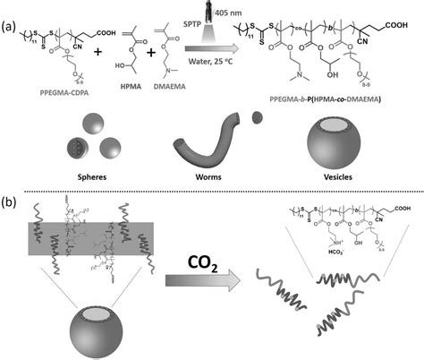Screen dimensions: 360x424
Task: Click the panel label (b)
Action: (x=8, y=196)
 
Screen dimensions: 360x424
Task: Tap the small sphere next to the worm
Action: (x=258, y=114)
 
